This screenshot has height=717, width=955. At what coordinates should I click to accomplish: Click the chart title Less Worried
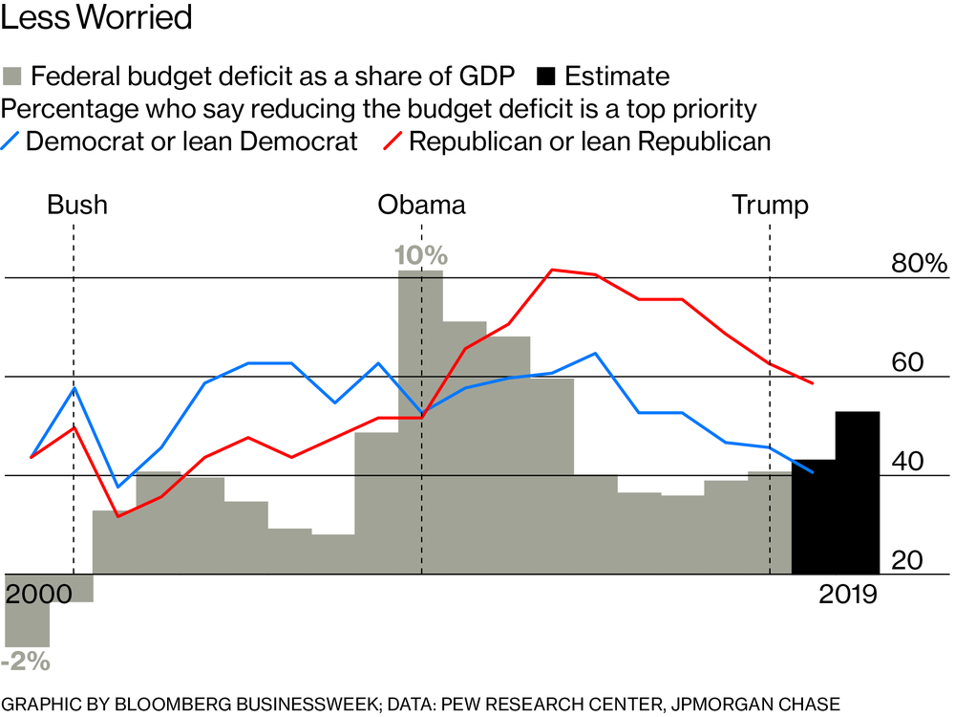[x=98, y=17]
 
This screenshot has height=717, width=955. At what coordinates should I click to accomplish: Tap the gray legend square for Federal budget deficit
[x=14, y=76]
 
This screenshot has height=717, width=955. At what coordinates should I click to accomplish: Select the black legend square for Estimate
[x=546, y=76]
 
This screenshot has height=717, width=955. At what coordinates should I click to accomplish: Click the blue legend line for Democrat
[x=11, y=141]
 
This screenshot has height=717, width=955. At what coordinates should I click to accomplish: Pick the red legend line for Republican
[x=392, y=141]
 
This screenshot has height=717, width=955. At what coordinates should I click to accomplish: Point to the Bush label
[x=77, y=205]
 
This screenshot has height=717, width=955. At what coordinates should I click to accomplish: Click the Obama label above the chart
[x=422, y=205]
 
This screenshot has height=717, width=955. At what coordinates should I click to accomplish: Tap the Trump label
[x=770, y=205]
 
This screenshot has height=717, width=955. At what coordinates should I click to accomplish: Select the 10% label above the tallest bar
[x=420, y=256]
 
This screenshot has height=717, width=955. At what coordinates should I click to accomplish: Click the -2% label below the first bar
[x=26, y=661]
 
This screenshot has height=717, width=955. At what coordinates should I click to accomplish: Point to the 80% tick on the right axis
[x=919, y=264]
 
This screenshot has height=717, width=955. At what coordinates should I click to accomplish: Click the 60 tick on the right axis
[x=908, y=363]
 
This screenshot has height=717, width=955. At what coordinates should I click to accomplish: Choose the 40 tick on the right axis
[x=908, y=462]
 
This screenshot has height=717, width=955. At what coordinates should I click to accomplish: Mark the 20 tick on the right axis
[x=908, y=560]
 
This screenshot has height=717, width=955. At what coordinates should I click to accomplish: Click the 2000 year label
[x=39, y=594]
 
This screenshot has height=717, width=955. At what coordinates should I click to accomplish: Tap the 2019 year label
[x=848, y=594]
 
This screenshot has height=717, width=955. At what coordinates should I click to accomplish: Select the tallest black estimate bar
[x=858, y=492]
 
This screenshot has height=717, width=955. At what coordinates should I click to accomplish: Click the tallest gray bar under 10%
[x=420, y=421]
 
